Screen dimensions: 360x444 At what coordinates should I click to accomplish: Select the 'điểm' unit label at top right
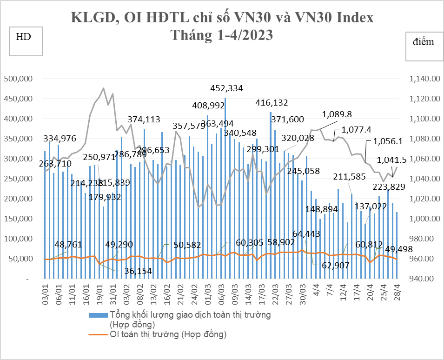coord(424,42)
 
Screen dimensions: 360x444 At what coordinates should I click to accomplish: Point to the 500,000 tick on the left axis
coord(18,79)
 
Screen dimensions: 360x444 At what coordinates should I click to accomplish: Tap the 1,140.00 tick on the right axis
coord(424,79)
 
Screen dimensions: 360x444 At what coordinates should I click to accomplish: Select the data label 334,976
coord(60,138)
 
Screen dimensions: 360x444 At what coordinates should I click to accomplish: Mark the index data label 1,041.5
coord(392,160)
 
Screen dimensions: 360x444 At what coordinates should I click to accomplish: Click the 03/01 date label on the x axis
coord(46,295)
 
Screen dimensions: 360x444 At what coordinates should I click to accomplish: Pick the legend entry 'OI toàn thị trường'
coord(168,334)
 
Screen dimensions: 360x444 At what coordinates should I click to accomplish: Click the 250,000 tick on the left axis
coord(18,179)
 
